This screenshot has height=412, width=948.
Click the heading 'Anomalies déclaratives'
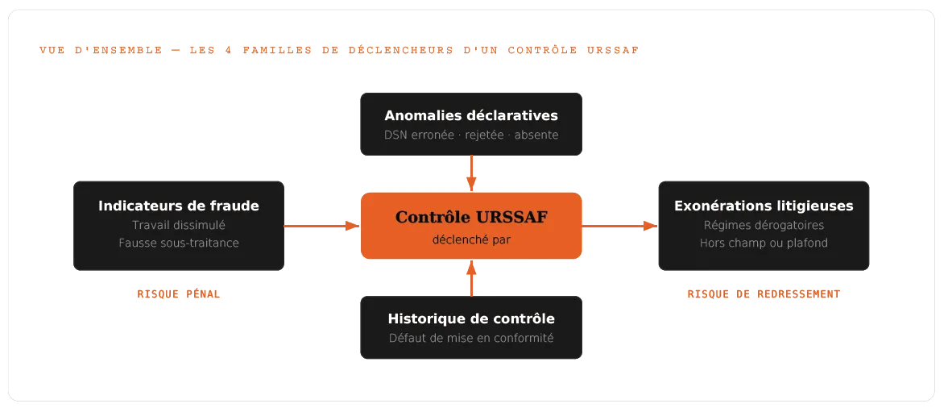[471, 115]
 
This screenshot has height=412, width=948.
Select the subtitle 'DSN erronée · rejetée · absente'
[471, 135]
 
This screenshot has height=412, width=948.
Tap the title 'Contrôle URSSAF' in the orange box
[471, 217]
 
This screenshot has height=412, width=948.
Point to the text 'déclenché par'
[471, 240]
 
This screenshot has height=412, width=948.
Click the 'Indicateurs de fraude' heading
[178, 206]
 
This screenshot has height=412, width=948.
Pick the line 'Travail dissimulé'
[178, 225]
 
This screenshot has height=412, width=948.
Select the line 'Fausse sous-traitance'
[178, 243]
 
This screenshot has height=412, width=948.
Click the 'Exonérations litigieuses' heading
[764, 206]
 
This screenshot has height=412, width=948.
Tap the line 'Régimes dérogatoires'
[764, 225]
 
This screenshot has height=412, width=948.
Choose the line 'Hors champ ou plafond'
[764, 243]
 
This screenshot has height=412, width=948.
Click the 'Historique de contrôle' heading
[471, 318]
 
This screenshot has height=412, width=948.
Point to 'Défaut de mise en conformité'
[471, 338]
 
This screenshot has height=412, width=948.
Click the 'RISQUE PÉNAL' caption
[178, 294]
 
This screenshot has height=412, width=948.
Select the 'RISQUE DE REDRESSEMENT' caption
[764, 294]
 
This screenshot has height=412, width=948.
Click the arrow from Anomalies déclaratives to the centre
[471, 173]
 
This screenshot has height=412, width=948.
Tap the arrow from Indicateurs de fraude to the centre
[322, 226]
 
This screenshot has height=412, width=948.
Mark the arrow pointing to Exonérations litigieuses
[619, 226]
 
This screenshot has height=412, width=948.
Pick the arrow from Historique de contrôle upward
[471, 277]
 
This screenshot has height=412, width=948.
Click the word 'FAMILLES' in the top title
[278, 50]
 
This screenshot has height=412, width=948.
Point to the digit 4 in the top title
[229, 50]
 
